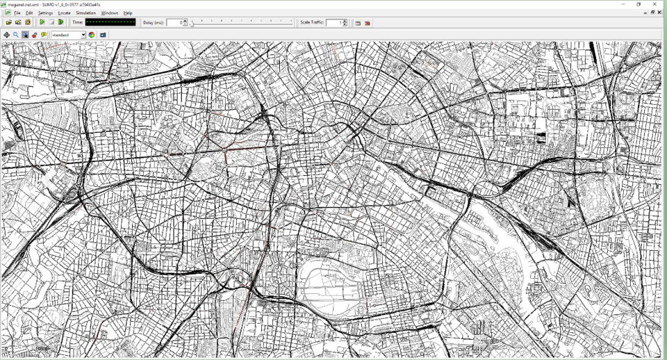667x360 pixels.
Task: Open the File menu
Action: [17, 13]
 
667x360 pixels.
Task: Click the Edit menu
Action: [29, 13]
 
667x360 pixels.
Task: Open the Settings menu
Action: [45, 13]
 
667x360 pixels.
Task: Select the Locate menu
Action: [64, 13]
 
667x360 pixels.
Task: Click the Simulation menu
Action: [85, 13]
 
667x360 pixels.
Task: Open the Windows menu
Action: [109, 13]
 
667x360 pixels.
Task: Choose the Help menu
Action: [128, 13]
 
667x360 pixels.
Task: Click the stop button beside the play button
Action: [51, 23]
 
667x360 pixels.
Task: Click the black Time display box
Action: [110, 23]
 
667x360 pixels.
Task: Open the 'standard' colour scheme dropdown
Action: [68, 35]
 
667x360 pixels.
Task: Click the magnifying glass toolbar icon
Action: [16, 35]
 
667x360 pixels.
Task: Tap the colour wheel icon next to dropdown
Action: [92, 35]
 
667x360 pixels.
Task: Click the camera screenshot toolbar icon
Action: [103, 35]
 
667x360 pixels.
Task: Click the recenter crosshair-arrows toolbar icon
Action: [7, 35]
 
